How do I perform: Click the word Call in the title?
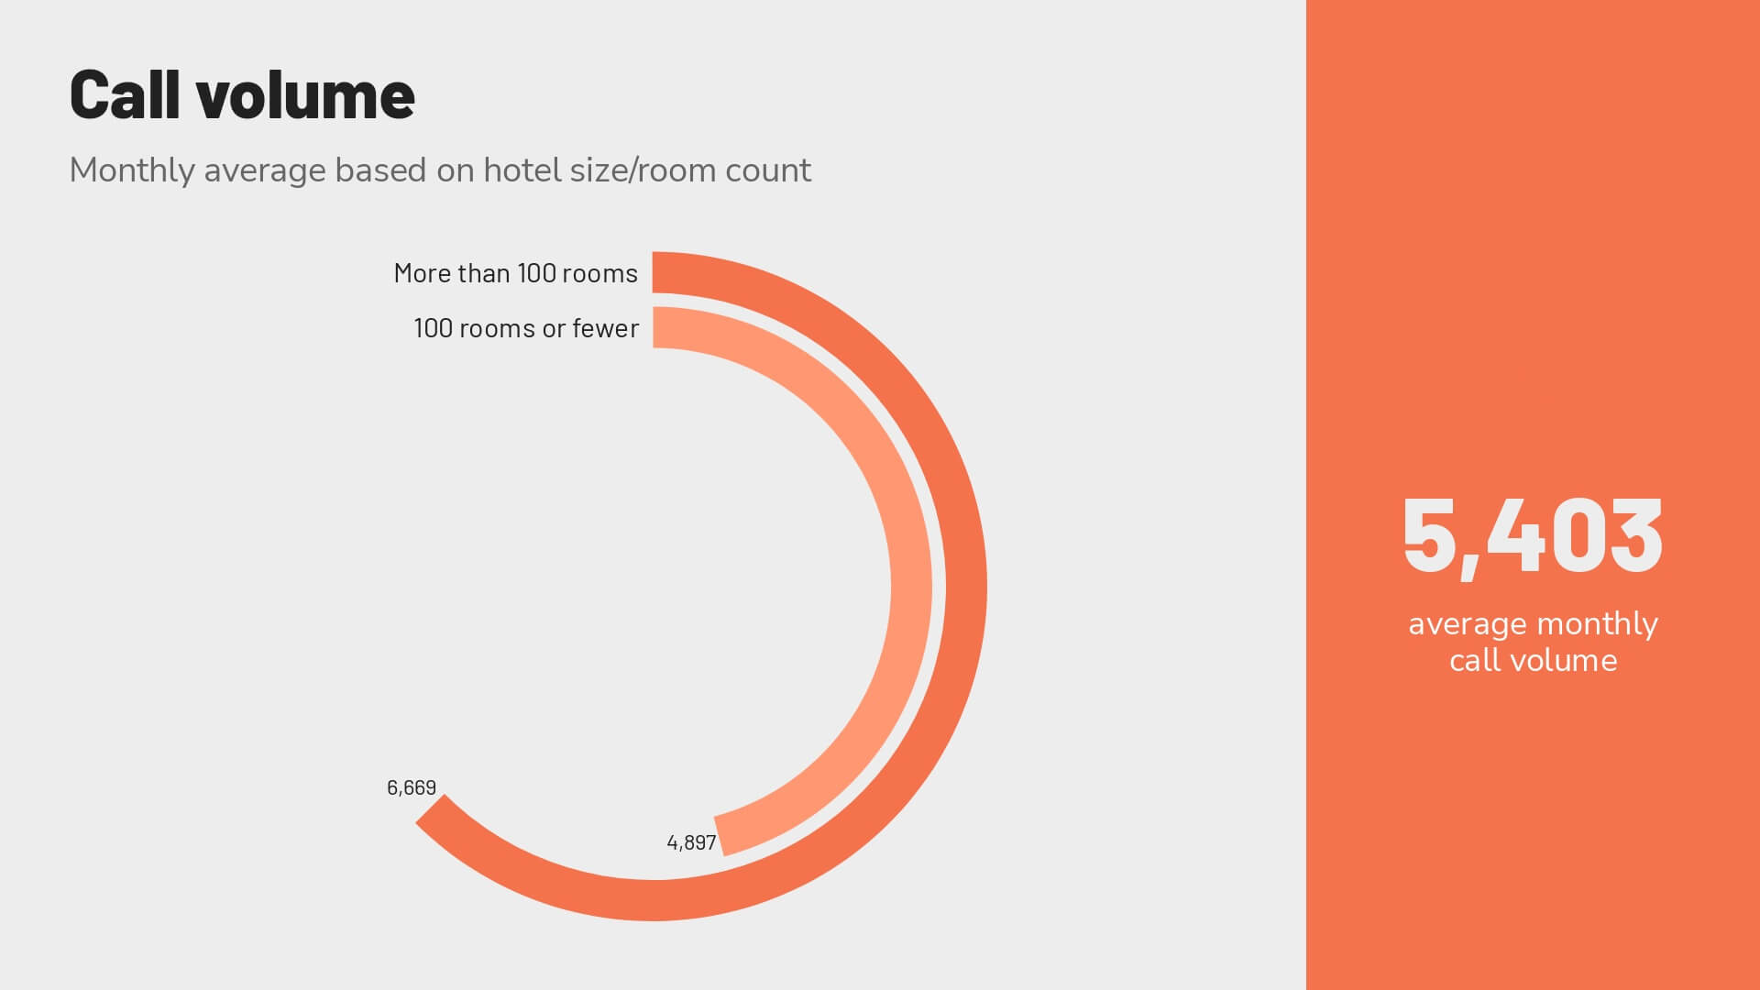(125, 94)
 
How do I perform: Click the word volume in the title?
(305, 94)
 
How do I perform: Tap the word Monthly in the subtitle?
(132, 171)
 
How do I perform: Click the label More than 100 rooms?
(515, 273)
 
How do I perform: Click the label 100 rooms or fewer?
(526, 328)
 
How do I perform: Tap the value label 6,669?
(412, 788)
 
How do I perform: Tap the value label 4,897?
(691, 843)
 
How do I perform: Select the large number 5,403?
(1533, 537)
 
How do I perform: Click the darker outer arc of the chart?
(966, 587)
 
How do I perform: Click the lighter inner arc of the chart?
(911, 587)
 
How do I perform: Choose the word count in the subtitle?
(767, 170)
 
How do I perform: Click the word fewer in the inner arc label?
(605, 328)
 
